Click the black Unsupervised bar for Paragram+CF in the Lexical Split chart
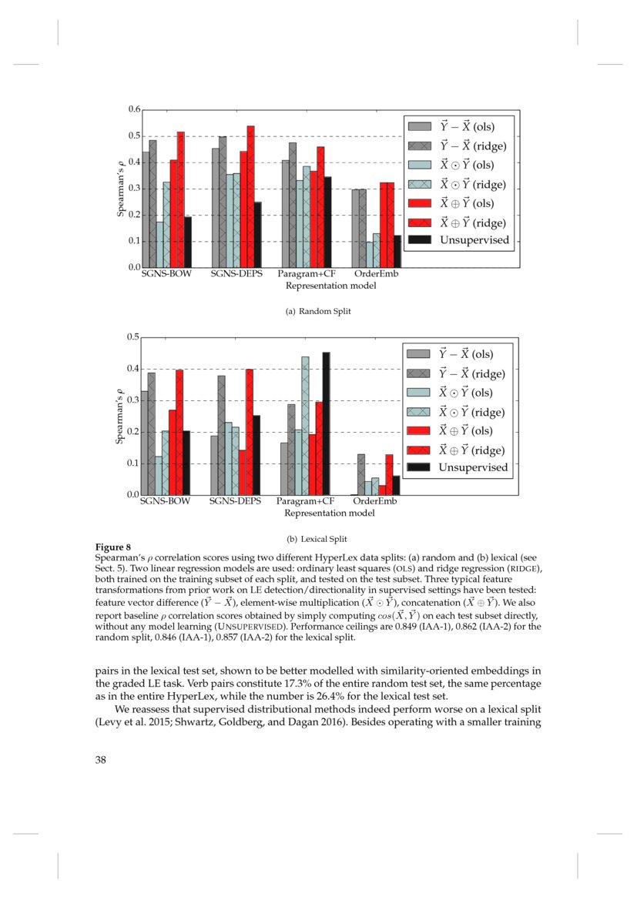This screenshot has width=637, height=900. point(326,423)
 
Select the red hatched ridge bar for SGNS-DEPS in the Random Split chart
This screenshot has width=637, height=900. point(250,196)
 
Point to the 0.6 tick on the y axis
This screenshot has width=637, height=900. point(133,110)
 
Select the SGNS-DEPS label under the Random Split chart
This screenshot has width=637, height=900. point(235,274)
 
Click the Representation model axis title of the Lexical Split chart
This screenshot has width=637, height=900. point(330,512)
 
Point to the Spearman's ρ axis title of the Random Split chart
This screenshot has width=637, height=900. point(120,189)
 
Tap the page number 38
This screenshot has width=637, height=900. point(101,760)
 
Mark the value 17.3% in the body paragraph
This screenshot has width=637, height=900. point(287,682)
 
